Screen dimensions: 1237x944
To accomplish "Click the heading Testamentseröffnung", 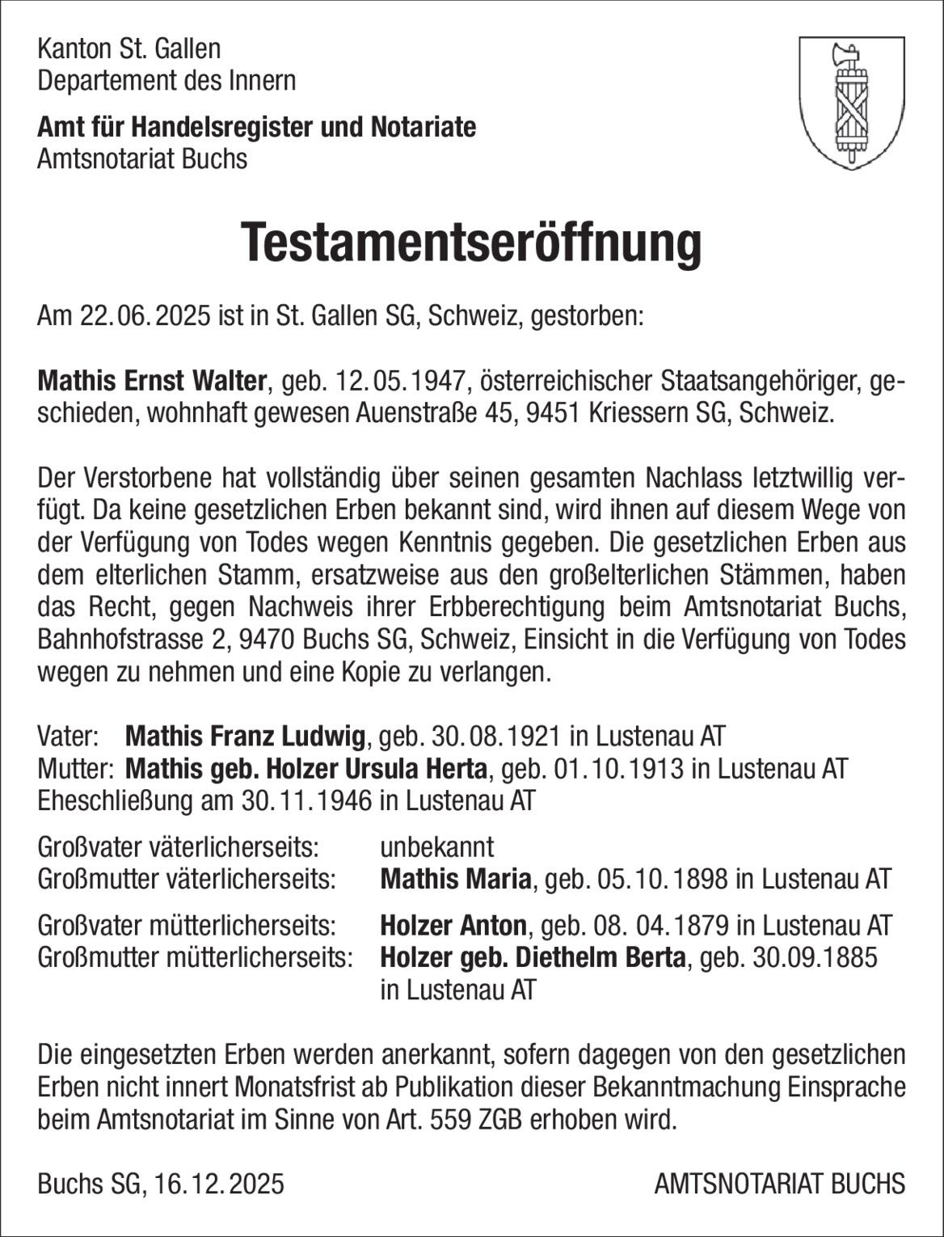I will tap(471, 242).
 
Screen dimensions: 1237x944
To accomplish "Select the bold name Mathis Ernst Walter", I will tap(152, 380).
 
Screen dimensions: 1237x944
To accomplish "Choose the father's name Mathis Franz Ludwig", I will tap(246, 737).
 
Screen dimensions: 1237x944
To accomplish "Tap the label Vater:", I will tap(68, 737).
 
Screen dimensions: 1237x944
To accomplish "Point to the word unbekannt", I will tap(436, 847).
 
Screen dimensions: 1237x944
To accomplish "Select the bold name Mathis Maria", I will tap(455, 879).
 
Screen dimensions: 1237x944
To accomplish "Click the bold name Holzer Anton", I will tap(453, 925).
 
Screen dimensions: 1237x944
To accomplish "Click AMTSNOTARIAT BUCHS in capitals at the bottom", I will tap(779, 1184).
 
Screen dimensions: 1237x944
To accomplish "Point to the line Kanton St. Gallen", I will tap(129, 49).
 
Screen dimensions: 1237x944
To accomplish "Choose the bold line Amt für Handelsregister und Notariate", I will tap(256, 127).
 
